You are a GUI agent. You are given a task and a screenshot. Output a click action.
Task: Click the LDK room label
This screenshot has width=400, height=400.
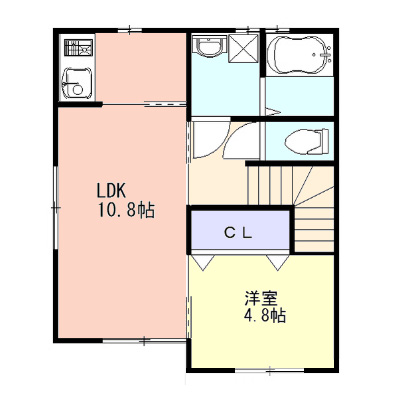click(x=111, y=191)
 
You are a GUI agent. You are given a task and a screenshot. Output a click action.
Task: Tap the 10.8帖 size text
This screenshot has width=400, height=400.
click(x=126, y=210)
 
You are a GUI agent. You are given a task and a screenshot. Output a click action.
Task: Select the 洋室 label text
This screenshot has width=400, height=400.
click(x=261, y=298)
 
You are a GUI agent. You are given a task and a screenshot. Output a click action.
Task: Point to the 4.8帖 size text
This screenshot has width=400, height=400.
click(x=264, y=315)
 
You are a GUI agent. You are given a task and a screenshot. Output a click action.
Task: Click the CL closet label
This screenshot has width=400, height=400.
click(x=238, y=234)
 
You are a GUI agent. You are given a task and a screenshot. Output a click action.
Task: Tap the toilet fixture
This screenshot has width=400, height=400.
click(x=307, y=142)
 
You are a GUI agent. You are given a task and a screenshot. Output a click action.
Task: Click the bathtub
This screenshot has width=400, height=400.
click(x=300, y=54)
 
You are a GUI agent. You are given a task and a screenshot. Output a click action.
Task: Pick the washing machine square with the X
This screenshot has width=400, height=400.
click(x=243, y=48)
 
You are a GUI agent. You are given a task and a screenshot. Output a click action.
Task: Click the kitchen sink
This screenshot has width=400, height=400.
click(x=77, y=83)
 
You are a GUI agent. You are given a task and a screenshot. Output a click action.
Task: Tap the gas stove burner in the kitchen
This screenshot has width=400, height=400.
click(x=78, y=49)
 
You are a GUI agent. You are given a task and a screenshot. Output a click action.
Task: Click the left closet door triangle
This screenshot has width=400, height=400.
click(x=203, y=262)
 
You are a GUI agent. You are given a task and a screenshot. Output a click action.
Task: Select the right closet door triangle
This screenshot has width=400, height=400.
click(x=277, y=262)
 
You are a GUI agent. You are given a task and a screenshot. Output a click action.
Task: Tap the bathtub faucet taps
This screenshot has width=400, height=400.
click(x=326, y=54)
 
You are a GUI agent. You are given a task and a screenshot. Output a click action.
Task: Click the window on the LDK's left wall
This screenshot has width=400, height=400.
click(x=56, y=207)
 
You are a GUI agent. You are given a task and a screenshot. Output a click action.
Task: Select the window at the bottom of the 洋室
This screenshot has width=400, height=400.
click(x=270, y=370)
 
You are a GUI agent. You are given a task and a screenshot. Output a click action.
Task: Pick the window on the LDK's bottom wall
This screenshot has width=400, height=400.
click(x=144, y=341)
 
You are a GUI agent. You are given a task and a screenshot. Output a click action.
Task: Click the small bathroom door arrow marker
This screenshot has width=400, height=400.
click(x=272, y=112)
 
